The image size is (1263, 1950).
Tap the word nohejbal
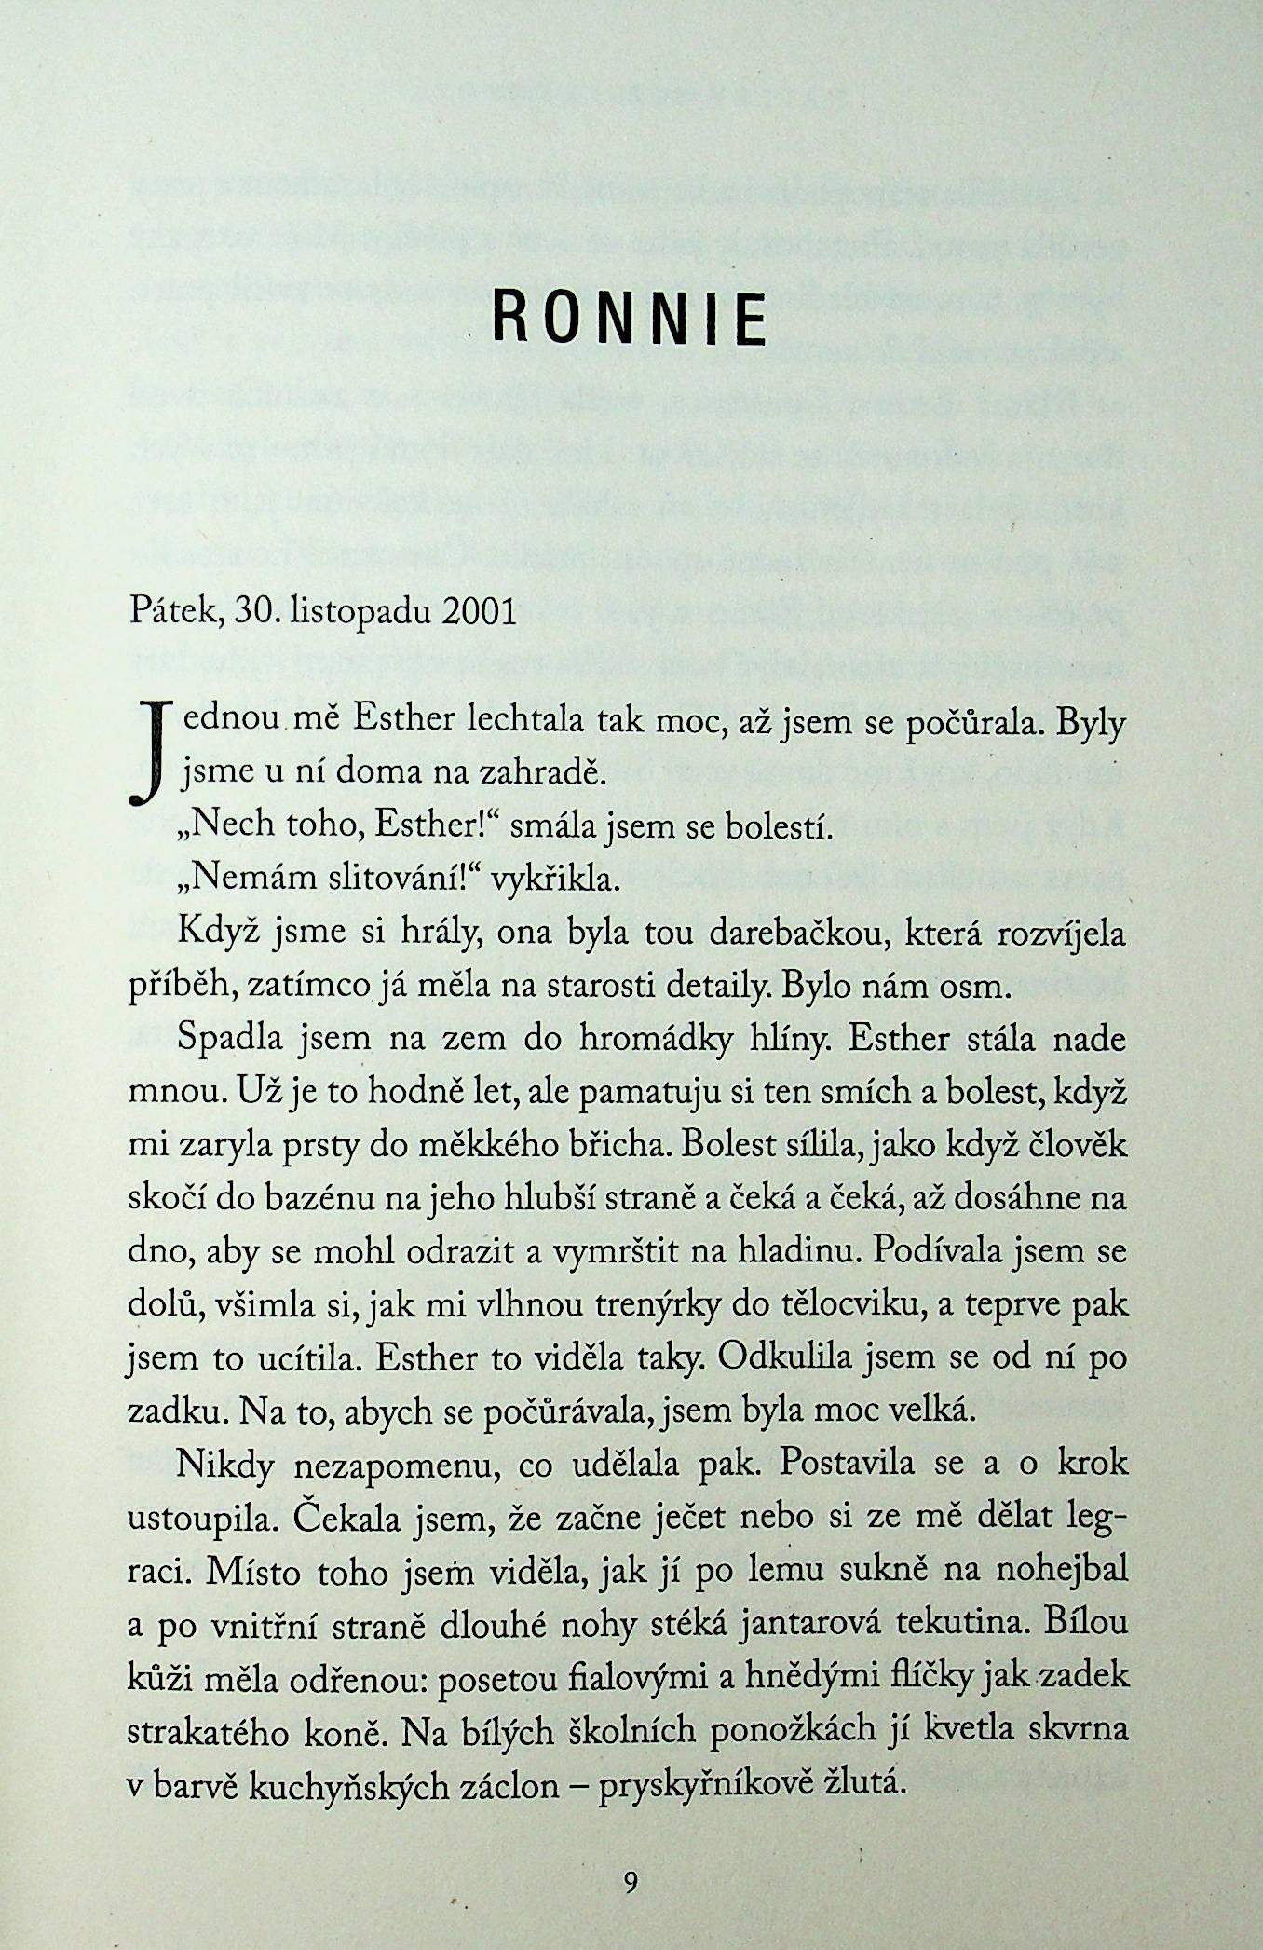[1061, 1571]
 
